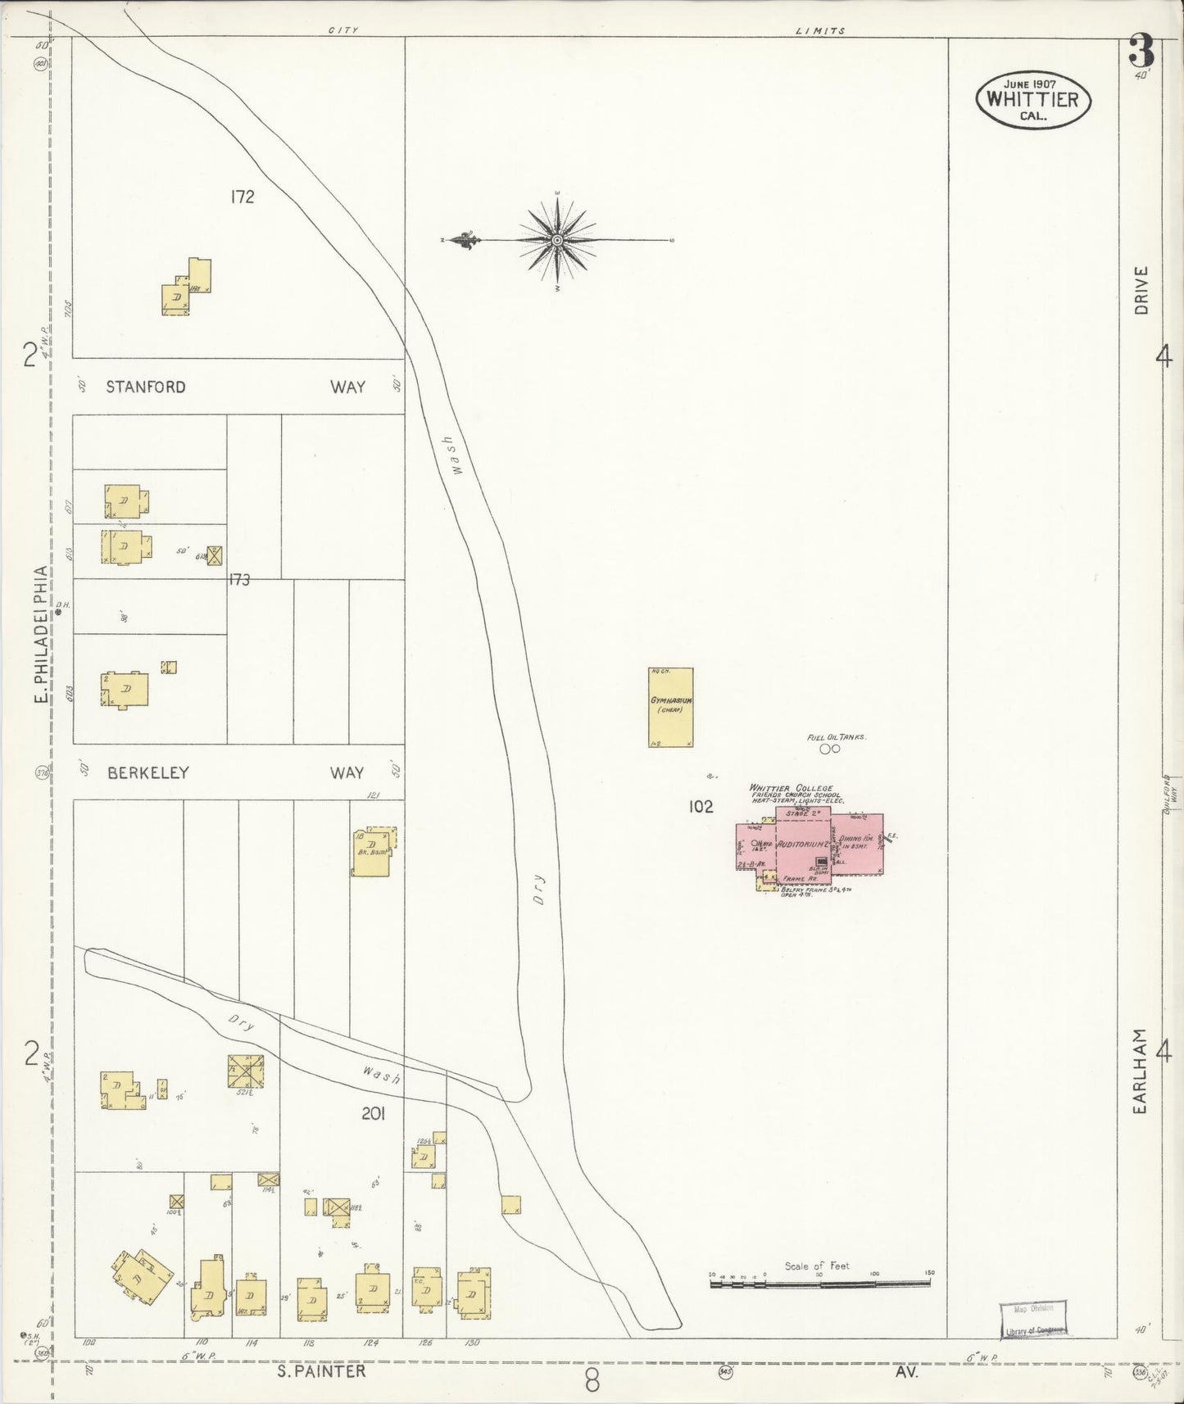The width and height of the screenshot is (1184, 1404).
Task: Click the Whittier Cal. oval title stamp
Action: (x=1032, y=100)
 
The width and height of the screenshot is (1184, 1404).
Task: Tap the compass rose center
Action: (x=557, y=240)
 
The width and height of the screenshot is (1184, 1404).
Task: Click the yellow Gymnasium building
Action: (x=670, y=707)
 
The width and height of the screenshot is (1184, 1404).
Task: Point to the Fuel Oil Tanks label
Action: (x=836, y=737)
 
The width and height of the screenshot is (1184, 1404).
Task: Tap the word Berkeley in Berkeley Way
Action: (x=148, y=772)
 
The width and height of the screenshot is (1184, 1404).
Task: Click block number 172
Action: (x=243, y=197)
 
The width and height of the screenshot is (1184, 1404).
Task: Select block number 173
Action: (x=239, y=580)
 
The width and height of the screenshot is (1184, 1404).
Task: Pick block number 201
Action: (x=373, y=1113)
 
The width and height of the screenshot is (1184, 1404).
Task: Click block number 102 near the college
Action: (x=701, y=807)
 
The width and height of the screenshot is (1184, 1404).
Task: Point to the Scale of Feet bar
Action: (x=819, y=1284)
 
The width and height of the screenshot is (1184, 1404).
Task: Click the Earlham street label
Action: (x=1140, y=1071)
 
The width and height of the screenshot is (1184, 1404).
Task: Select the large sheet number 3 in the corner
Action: (x=1141, y=52)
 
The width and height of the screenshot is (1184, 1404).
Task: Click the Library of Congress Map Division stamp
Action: (x=1032, y=1318)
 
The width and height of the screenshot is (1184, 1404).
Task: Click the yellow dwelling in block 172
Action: (x=185, y=288)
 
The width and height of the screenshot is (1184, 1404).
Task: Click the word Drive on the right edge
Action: (x=1141, y=290)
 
